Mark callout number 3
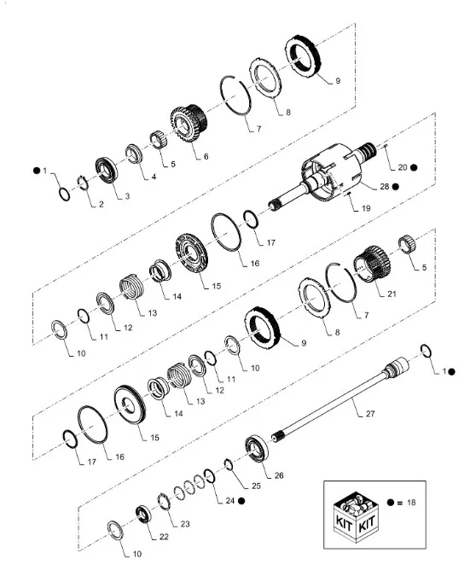[x=126, y=196]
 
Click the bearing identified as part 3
[x=107, y=168]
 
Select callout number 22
[x=165, y=538]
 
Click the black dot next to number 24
[x=241, y=501]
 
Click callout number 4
[x=154, y=177]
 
